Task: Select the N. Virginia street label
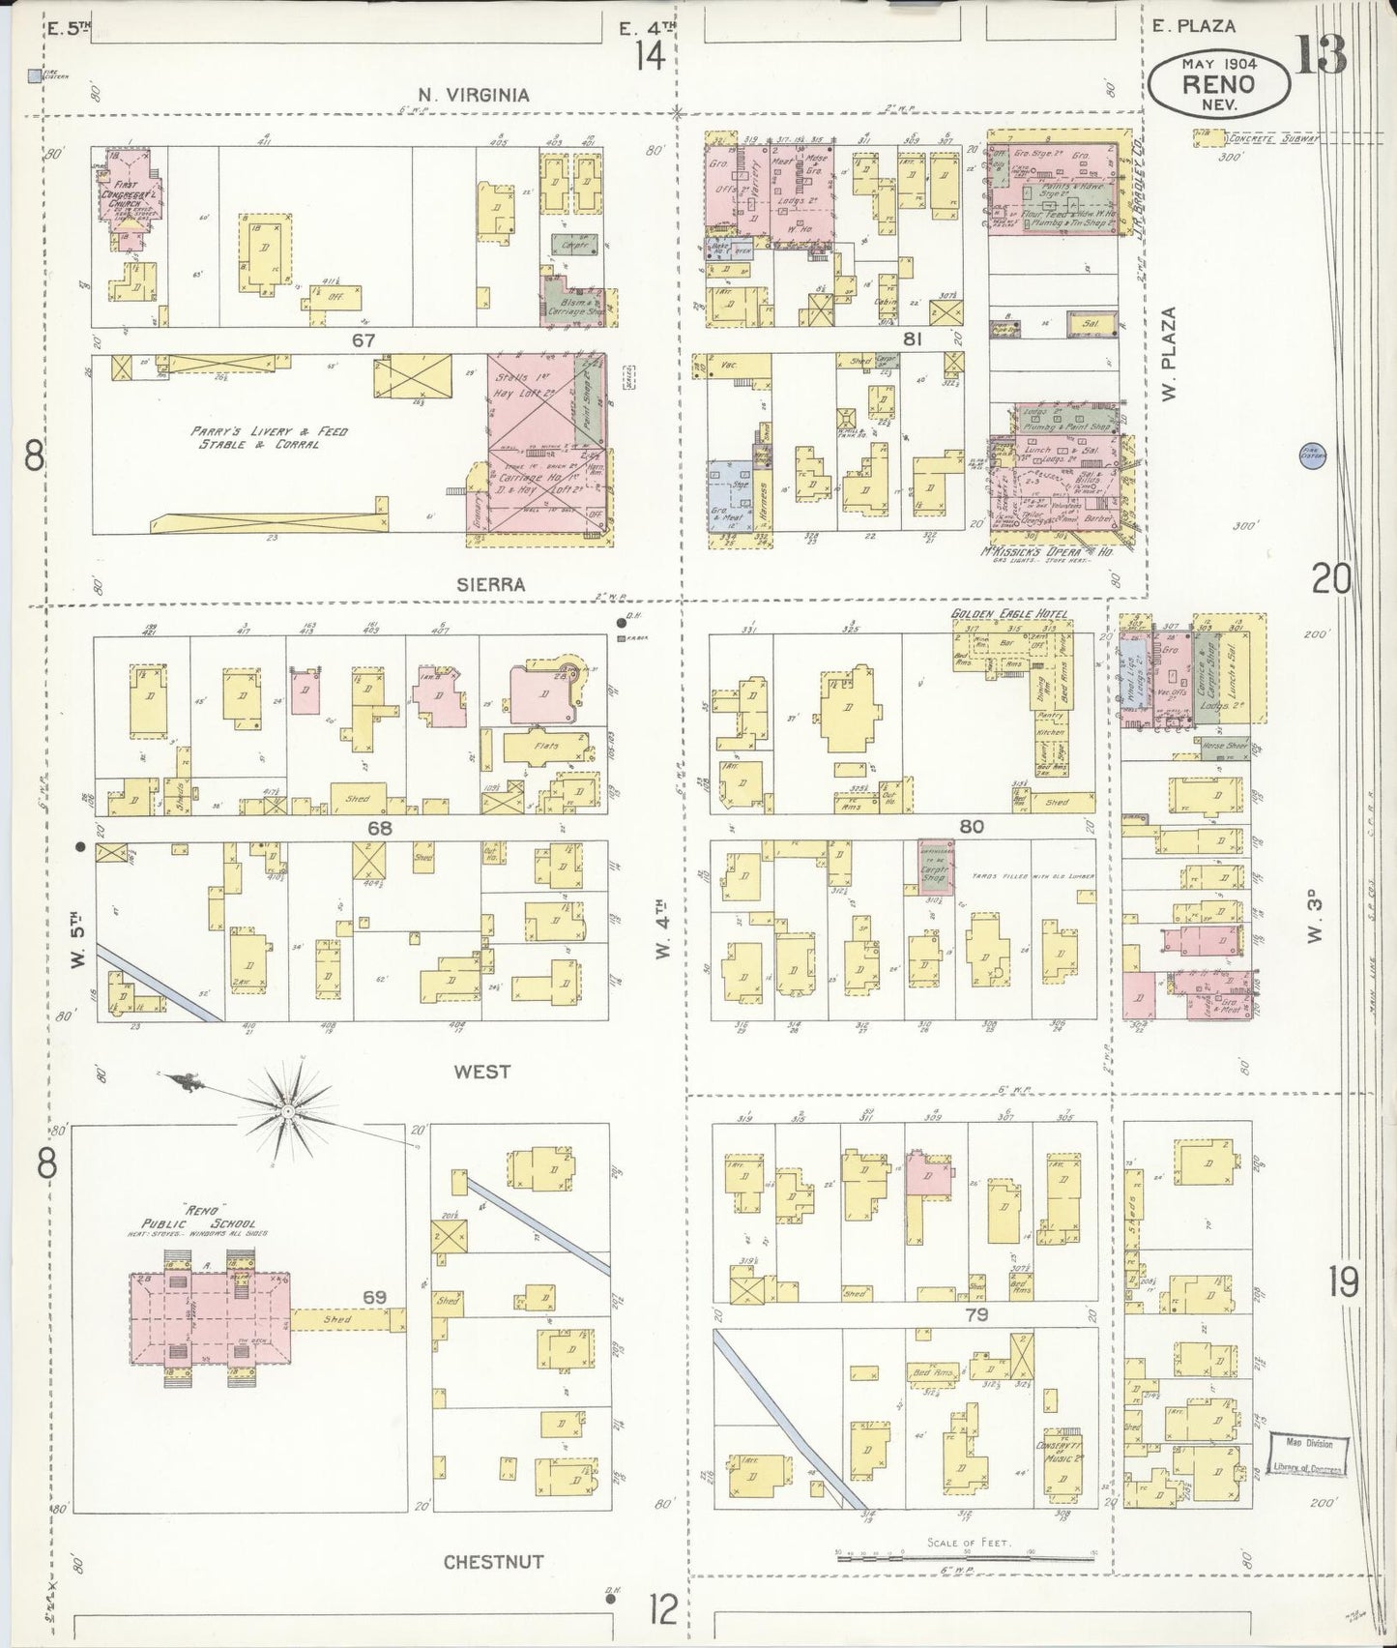pos(473,95)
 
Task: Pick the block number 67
pos(363,340)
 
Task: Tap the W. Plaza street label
pos(1171,354)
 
